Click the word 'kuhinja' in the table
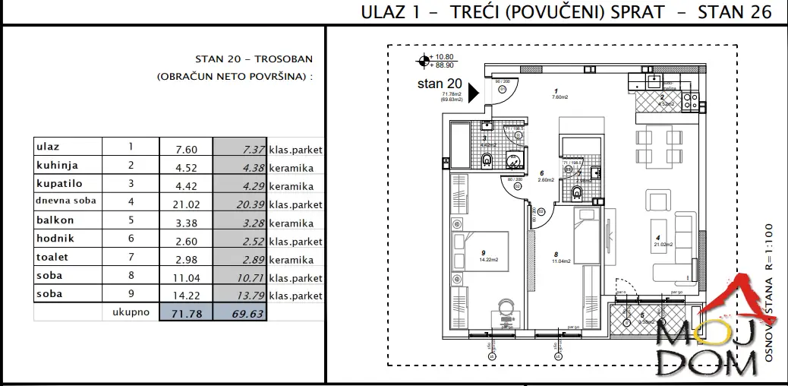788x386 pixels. click(x=57, y=165)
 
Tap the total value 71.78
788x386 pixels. click(x=187, y=313)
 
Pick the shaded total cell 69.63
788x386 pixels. click(x=241, y=313)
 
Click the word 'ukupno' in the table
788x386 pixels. click(x=130, y=312)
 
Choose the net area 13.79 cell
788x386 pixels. click(x=241, y=295)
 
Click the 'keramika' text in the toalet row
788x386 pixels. click(x=291, y=259)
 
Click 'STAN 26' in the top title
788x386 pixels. click(x=736, y=12)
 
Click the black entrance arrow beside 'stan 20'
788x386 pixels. click(x=473, y=92)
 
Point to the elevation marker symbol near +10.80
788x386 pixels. click(x=421, y=62)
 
